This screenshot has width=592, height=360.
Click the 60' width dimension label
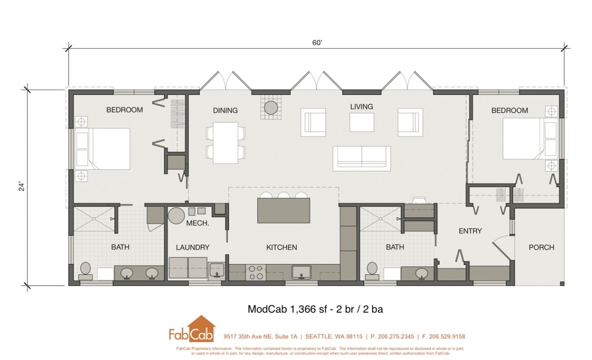(317, 43)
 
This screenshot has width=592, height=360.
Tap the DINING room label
(225, 110)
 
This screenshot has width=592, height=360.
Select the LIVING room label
(361, 107)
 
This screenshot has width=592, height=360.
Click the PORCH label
(541, 247)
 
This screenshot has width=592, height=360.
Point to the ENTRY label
(470, 231)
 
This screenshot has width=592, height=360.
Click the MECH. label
(197, 223)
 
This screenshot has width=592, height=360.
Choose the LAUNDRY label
(192, 247)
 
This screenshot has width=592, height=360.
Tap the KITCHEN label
(281, 247)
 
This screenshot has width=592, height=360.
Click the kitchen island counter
(283, 210)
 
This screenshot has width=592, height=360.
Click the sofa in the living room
(361, 158)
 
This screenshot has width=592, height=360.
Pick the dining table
(225, 142)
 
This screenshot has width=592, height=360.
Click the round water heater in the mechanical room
(175, 216)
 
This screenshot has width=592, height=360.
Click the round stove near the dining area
(271, 107)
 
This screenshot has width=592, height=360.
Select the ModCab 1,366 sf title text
(315, 309)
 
